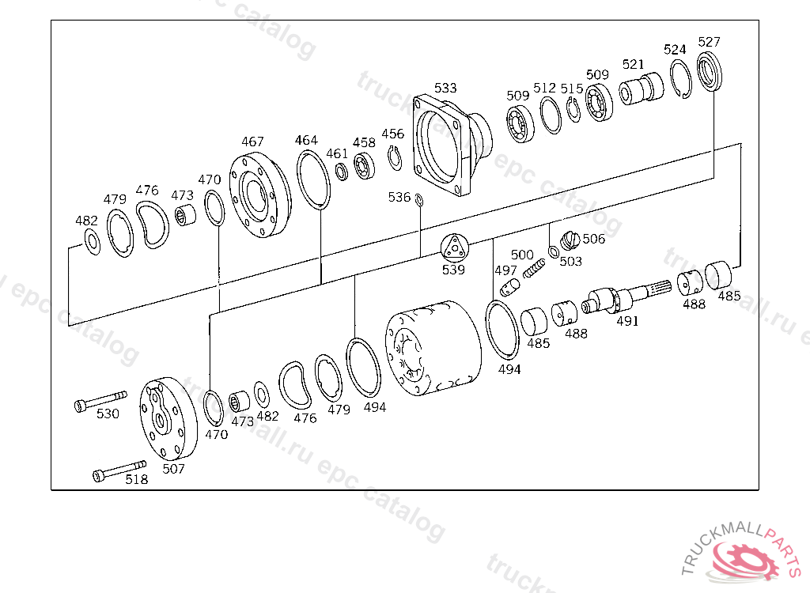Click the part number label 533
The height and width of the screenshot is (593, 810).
click(445, 88)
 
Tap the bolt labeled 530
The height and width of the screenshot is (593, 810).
click(100, 398)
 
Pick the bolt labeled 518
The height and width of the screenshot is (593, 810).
click(119, 470)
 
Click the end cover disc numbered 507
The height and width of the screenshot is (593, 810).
click(166, 419)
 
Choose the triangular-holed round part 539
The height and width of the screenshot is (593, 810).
click(454, 248)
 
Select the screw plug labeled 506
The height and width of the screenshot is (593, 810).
click(570, 238)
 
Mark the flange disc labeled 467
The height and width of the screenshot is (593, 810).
click(259, 194)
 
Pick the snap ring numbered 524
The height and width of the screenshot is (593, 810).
click(680, 79)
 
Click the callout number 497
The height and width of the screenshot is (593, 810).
click(505, 270)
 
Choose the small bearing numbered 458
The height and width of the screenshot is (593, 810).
click(364, 167)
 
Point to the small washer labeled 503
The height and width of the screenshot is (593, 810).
click(554, 252)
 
